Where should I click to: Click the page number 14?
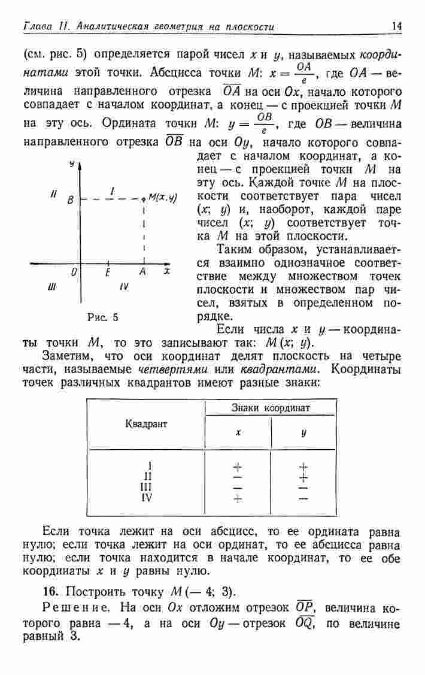[396, 26]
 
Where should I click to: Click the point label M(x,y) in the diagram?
[160, 197]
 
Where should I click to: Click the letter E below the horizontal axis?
[108, 273]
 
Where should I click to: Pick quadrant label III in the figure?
[51, 287]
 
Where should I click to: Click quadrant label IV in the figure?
[124, 287]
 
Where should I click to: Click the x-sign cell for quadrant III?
[238, 488]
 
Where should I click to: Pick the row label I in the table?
[150, 465]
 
